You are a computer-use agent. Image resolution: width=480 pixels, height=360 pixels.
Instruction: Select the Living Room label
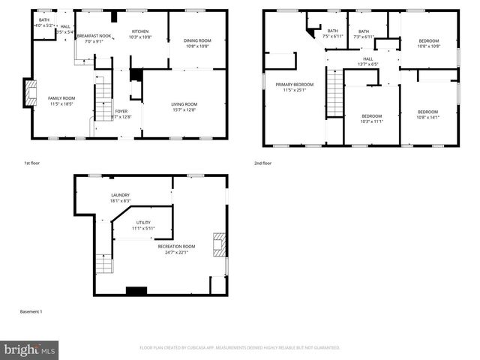pos(184,103)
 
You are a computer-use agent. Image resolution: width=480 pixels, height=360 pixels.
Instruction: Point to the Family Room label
pos(61,99)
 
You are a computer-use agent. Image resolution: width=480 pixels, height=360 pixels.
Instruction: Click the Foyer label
pos(121,111)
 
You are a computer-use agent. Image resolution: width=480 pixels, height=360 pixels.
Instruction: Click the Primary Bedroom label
pos(293,85)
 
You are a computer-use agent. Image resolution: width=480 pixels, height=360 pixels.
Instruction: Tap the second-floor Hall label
pos(367,58)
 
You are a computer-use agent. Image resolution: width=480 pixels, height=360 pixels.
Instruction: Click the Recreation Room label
pos(176,246)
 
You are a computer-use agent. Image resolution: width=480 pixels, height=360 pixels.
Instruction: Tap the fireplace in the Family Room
pos(30,92)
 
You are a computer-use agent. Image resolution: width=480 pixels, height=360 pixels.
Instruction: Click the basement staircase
pos(103,264)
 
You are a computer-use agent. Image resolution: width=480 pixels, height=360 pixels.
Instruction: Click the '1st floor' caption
pos(34,163)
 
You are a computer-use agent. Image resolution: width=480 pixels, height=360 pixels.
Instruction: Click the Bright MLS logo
pos(29,349)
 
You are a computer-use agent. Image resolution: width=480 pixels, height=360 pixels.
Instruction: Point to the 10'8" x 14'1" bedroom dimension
pos(427,117)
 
